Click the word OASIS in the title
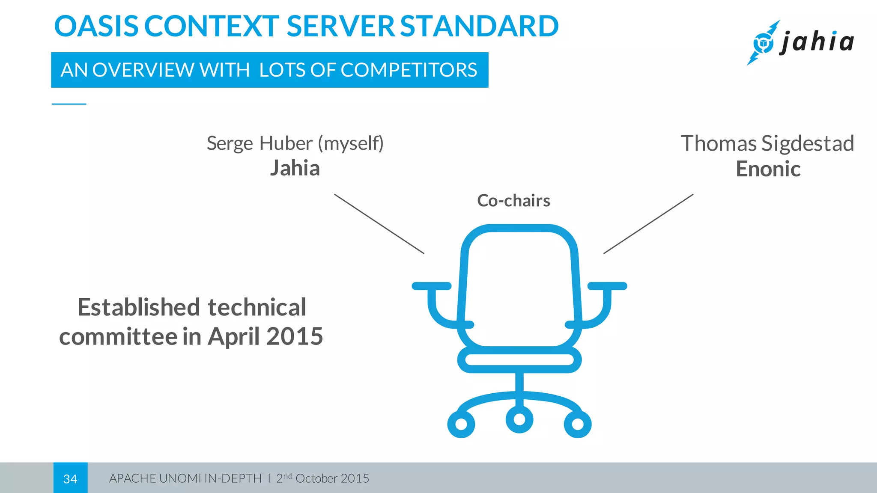pyautogui.click(x=96, y=27)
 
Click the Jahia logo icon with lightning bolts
pyautogui.click(x=763, y=43)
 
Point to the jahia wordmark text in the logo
pyautogui.click(x=817, y=42)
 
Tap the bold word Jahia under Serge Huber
pyautogui.click(x=295, y=168)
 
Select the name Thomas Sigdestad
pyautogui.click(x=767, y=143)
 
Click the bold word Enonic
pyautogui.click(x=768, y=169)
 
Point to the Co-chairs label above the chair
pyautogui.click(x=513, y=201)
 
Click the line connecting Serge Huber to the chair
pyautogui.click(x=379, y=224)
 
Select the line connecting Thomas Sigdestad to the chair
pyautogui.click(x=648, y=224)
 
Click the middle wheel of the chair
pyautogui.click(x=519, y=419)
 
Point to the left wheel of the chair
pyautogui.click(x=461, y=424)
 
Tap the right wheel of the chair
pyautogui.click(x=578, y=424)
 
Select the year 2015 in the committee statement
pyautogui.click(x=295, y=337)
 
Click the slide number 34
pyautogui.click(x=70, y=478)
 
